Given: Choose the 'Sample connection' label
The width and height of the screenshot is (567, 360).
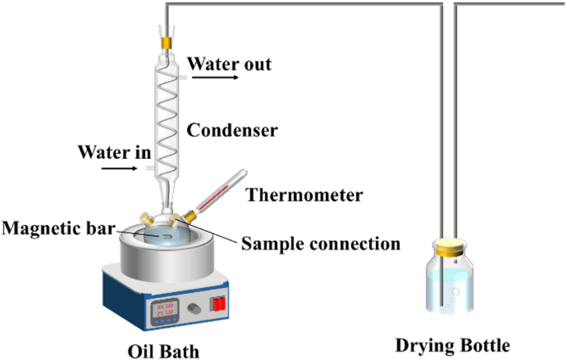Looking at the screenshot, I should tap(320, 244).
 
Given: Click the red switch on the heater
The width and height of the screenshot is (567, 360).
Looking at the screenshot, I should tap(219, 302).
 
